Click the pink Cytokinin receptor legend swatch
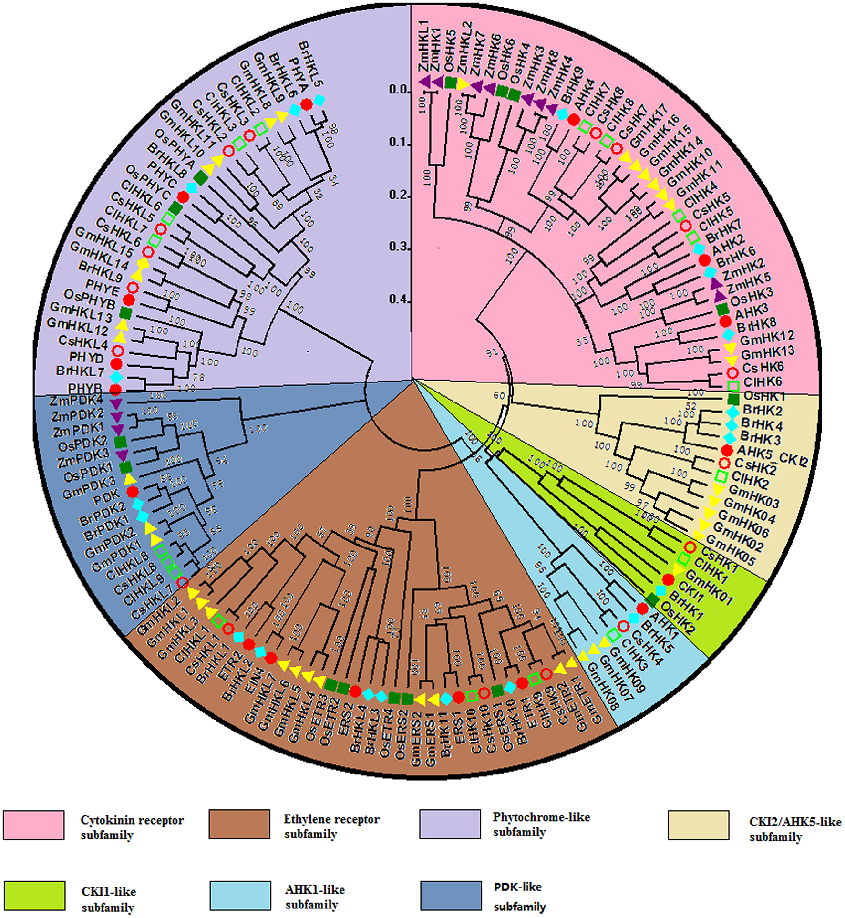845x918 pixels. point(34,825)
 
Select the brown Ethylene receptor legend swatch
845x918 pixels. point(239,824)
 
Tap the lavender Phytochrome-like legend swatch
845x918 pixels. point(450,824)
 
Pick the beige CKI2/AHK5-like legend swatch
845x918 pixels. point(698,825)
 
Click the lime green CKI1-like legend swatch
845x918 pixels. point(34,896)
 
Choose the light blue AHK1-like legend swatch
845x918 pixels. point(240,896)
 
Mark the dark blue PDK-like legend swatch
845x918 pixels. point(451,896)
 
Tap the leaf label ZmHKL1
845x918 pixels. point(423,46)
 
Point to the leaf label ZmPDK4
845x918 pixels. point(76,401)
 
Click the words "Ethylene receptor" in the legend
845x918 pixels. point(331,819)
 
